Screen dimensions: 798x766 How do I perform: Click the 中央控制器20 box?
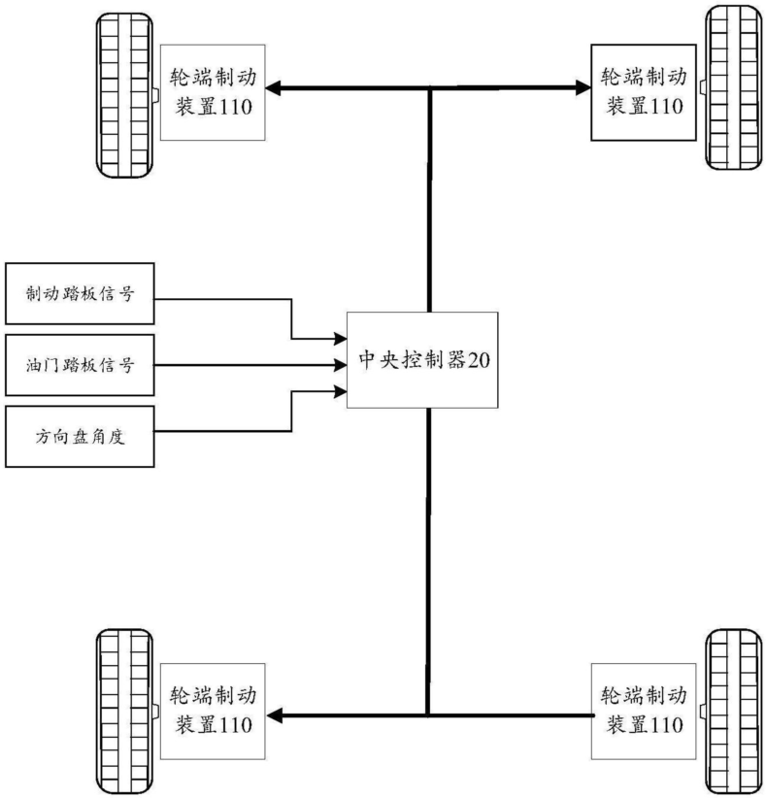422,360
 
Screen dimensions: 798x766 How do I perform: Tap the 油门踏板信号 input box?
80,365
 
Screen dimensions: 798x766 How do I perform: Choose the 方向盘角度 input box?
80,436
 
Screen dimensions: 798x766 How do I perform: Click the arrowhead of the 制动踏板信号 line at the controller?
341,339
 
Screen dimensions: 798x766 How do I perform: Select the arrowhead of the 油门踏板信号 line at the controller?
341,365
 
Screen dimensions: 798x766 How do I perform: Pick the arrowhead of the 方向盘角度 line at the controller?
341,391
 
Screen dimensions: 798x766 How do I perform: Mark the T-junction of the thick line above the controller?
427,89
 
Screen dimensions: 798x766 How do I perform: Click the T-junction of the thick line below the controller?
427,715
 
